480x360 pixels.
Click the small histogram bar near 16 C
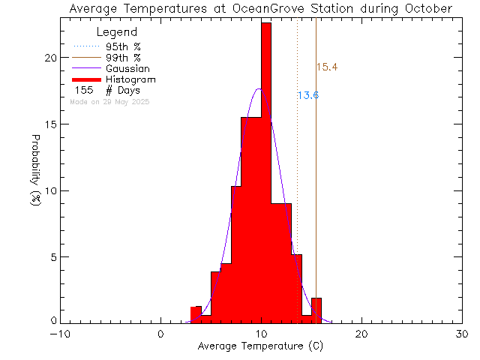[316, 310]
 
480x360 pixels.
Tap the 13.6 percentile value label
[308, 95]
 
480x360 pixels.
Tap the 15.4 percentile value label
[327, 67]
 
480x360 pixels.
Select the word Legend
[117, 32]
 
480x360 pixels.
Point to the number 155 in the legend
[84, 90]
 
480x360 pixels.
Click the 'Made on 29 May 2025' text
[109, 101]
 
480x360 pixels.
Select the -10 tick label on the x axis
[60, 334]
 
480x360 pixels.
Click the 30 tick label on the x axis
[462, 334]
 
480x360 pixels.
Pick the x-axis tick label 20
[361, 334]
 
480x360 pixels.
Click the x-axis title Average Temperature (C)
[261, 346]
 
